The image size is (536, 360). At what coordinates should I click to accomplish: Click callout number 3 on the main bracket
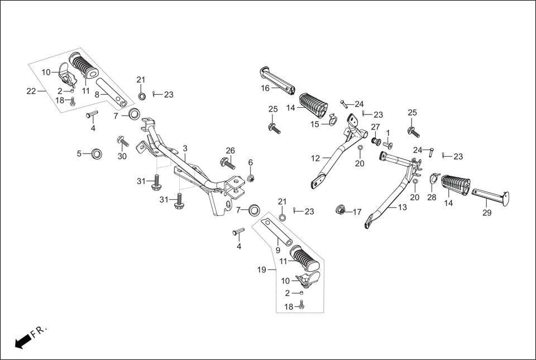pyautogui.click(x=185, y=148)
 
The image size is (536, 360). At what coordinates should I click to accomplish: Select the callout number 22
pyautogui.click(x=31, y=91)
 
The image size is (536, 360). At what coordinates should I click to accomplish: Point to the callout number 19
pyautogui.click(x=261, y=270)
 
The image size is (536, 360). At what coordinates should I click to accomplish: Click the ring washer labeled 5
pyautogui.click(x=97, y=153)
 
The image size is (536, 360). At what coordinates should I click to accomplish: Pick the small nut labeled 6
pyautogui.click(x=251, y=178)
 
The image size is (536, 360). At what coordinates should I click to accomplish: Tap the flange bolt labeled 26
pyautogui.click(x=227, y=164)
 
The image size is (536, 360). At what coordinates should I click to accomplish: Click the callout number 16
pyautogui.click(x=265, y=88)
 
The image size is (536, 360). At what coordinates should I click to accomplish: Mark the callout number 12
pyautogui.click(x=315, y=159)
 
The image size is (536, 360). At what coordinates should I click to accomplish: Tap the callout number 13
pyautogui.click(x=402, y=207)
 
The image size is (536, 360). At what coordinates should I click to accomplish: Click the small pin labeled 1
pyautogui.click(x=387, y=145)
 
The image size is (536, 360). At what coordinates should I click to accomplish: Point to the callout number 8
pyautogui.click(x=97, y=95)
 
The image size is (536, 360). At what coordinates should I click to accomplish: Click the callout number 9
pyautogui.click(x=277, y=250)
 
